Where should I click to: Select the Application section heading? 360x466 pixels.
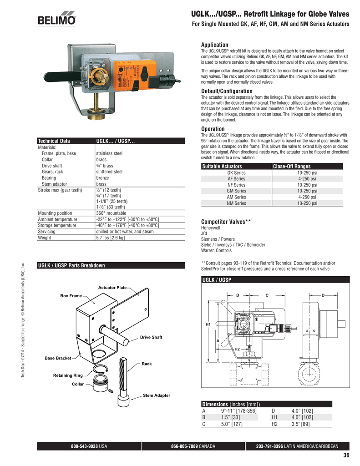pos(214,45)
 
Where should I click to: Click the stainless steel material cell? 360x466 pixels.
pos(109,154)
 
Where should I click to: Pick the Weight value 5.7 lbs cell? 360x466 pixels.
pos(110,238)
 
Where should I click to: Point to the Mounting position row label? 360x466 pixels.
pos(55,213)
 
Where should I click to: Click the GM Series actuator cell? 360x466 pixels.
pos(236,192)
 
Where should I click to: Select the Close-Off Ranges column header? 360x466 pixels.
pos(292,167)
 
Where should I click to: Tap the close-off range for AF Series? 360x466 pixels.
pos(307,179)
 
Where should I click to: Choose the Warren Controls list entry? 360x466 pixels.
pos(216,251)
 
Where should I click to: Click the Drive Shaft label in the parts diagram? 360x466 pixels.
pos(151,337)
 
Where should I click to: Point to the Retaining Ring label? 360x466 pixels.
pos(68,375)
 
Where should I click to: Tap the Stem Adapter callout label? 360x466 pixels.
pos(156,395)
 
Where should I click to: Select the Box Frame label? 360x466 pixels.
pos(71,296)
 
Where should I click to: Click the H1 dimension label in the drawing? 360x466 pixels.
pos(208,324)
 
